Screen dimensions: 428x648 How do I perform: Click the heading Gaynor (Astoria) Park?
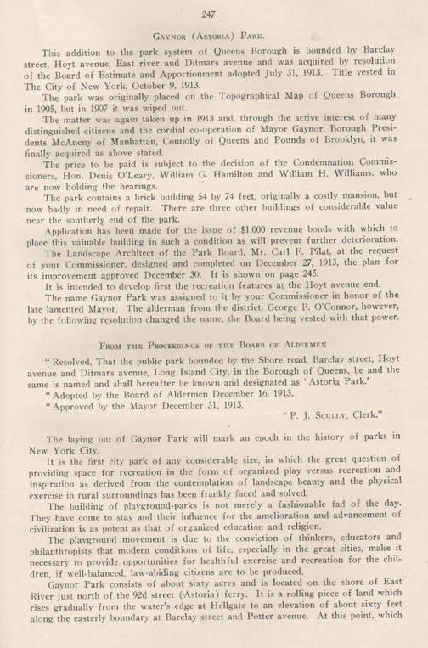(x=214, y=37)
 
